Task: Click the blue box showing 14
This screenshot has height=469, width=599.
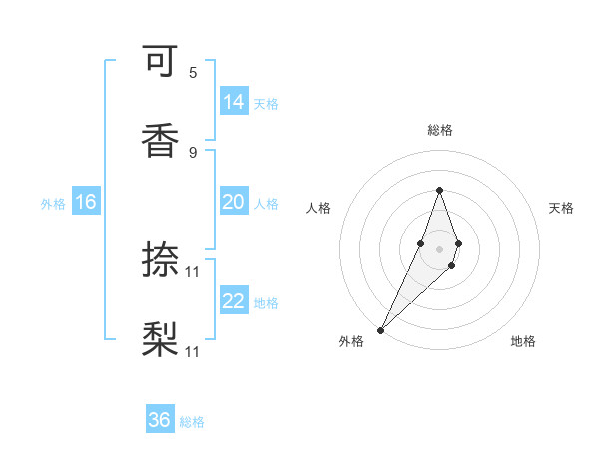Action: pyautogui.click(x=234, y=102)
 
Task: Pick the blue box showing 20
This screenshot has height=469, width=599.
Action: pyautogui.click(x=234, y=202)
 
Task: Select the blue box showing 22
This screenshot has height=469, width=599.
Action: pyautogui.click(x=234, y=301)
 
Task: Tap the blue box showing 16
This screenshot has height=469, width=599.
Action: pyautogui.click(x=86, y=202)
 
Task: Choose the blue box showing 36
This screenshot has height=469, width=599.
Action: pyautogui.click(x=160, y=420)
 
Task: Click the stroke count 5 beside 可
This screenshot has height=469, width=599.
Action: pyautogui.click(x=193, y=72)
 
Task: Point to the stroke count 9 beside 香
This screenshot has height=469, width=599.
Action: pyautogui.click(x=193, y=151)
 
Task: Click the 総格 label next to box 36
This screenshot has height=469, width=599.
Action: pyautogui.click(x=192, y=422)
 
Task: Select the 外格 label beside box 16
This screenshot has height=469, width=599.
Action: pyautogui.click(x=53, y=203)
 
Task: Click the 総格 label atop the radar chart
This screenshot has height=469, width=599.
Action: pyautogui.click(x=439, y=130)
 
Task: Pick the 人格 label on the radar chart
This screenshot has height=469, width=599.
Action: pyautogui.click(x=319, y=208)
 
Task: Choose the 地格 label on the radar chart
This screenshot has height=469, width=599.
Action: pyautogui.click(x=523, y=341)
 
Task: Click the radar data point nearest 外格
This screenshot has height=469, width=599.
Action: pyautogui.click(x=380, y=329)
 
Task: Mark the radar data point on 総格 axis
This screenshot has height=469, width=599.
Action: pyautogui.click(x=439, y=190)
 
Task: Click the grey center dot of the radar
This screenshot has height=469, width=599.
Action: pyautogui.click(x=439, y=248)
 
